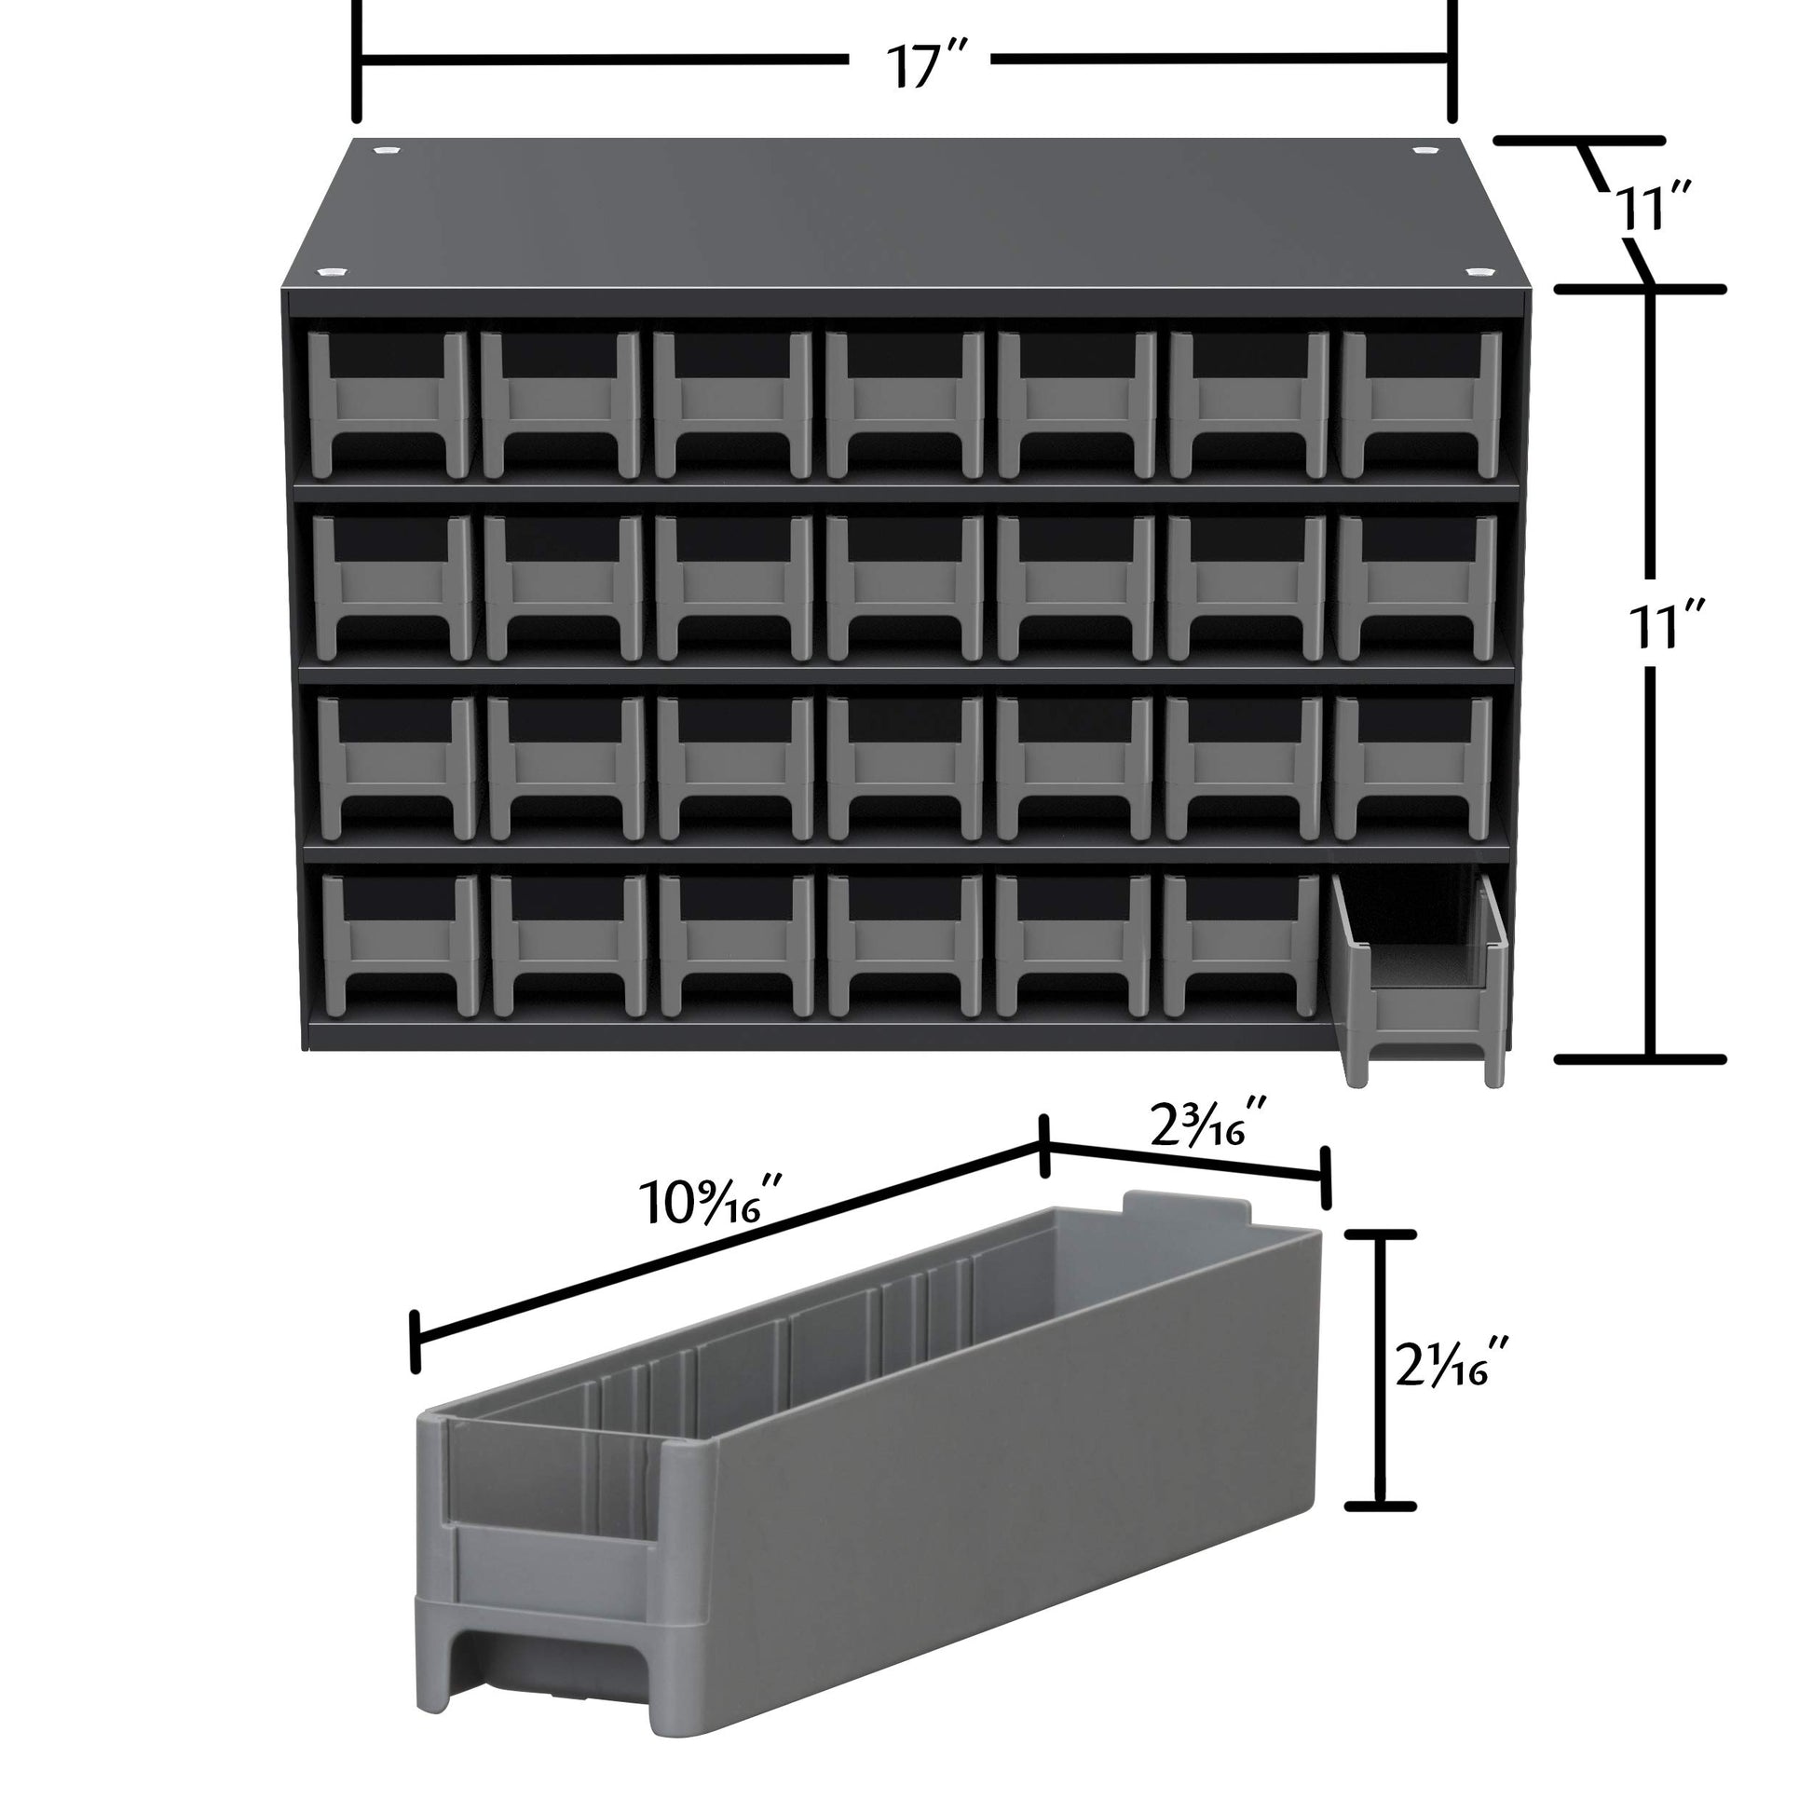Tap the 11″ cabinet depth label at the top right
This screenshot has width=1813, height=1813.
(x=1654, y=210)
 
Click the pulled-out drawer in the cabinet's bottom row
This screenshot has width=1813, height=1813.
(x=1419, y=980)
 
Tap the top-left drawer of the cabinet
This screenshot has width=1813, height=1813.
(x=388, y=404)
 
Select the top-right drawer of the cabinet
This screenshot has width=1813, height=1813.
(x=1422, y=404)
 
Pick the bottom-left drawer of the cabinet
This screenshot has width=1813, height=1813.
(x=402, y=944)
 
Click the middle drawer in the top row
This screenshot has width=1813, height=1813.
(x=906, y=404)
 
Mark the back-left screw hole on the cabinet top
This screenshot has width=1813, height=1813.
(x=384, y=150)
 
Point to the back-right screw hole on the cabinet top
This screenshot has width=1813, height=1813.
(x=1424, y=150)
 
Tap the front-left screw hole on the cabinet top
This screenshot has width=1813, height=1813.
(x=331, y=272)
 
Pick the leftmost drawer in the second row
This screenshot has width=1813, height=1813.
(x=393, y=588)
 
